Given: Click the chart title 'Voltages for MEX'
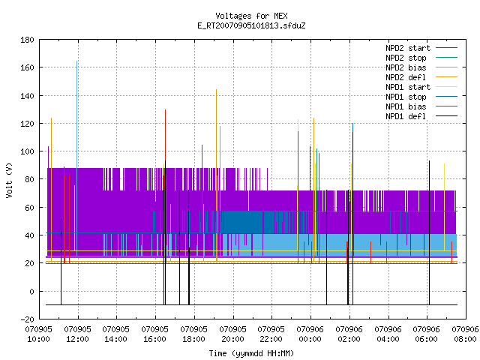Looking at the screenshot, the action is [x=251, y=16].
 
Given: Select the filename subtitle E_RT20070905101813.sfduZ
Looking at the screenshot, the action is [x=251, y=25].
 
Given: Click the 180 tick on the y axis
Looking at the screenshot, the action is [x=27, y=40].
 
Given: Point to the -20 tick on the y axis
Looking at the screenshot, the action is [x=27, y=319].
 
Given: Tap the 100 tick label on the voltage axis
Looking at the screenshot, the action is [x=27, y=151].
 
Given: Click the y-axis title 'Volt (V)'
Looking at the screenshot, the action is [x=9, y=180].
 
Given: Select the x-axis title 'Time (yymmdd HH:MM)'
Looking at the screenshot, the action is [x=251, y=353].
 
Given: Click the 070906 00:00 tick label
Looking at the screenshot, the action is [x=310, y=334].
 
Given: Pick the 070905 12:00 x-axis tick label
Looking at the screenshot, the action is [x=77, y=334].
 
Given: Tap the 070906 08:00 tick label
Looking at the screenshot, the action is [x=465, y=334].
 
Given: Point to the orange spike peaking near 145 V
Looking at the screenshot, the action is [x=217, y=175].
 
